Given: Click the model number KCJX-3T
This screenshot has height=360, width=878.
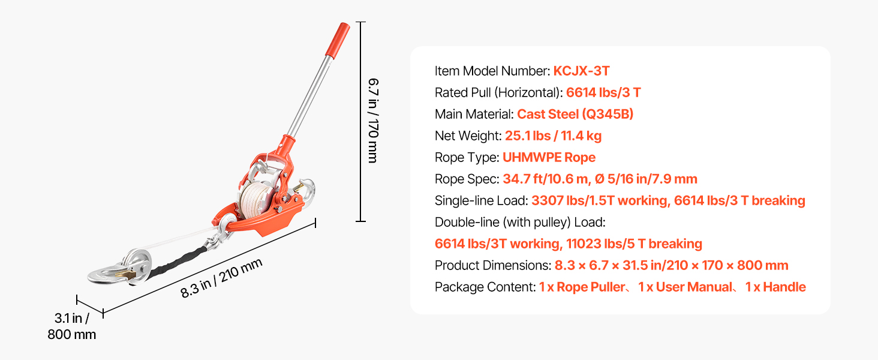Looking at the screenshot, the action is click(581, 71).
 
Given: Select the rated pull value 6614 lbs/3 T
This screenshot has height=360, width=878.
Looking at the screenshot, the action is click(603, 92).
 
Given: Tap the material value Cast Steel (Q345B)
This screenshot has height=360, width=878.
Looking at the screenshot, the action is click(575, 114).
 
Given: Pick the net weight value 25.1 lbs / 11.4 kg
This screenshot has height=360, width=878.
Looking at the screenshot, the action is click(553, 136).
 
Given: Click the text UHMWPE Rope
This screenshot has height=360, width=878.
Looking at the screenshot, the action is click(549, 157).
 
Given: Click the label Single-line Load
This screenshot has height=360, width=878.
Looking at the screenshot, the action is click(482, 200).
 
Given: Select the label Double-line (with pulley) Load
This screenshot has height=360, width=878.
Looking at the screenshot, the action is click(520, 223).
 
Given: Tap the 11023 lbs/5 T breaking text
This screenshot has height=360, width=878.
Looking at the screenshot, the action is click(634, 244).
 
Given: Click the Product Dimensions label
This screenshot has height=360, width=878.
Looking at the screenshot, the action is click(493, 265).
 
